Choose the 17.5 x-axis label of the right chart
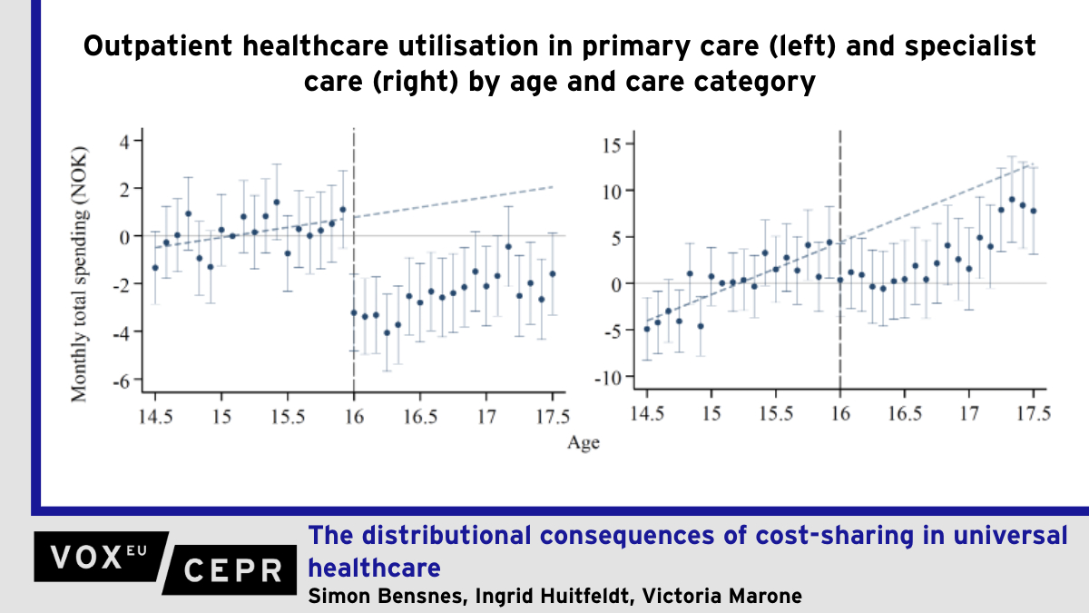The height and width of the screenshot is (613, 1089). point(1034,414)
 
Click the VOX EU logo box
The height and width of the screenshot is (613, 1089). point(98,554)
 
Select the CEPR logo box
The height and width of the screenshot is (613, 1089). point(231,570)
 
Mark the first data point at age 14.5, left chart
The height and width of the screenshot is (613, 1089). point(155,268)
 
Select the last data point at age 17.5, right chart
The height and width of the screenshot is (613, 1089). point(1034,211)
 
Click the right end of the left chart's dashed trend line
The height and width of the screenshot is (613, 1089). point(553,186)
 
